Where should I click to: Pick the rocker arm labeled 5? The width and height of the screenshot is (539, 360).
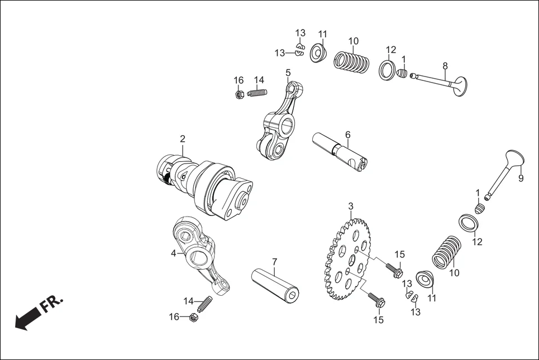click(279, 123)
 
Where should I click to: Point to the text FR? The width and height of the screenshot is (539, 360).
click(52, 305)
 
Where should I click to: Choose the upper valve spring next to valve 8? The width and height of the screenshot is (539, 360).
click(352, 61)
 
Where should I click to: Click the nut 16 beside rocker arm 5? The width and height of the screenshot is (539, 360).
click(239, 94)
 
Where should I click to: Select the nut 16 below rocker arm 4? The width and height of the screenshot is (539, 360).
click(191, 318)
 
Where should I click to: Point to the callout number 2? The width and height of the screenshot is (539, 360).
click(182, 139)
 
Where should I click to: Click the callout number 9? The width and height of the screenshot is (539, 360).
click(521, 179)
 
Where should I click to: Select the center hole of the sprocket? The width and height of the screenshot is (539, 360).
click(352, 260)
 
